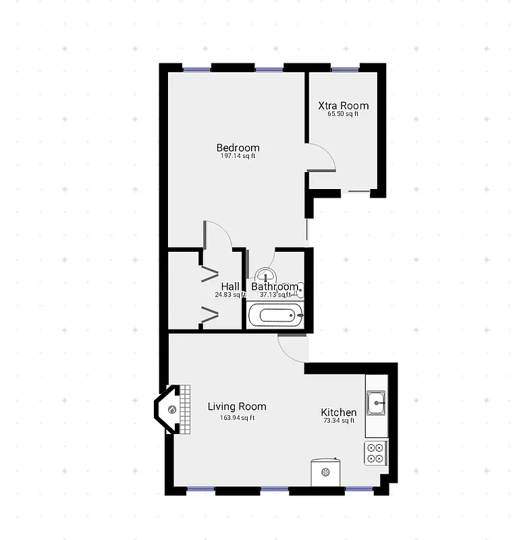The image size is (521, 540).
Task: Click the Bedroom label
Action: pos(238,148)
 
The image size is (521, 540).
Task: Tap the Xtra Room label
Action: pos(344,105)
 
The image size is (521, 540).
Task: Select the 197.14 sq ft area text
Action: pos(238,157)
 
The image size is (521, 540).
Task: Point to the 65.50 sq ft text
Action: pos(343,114)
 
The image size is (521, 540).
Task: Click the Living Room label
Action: pos(236,406)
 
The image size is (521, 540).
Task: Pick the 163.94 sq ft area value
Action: pos(237,417)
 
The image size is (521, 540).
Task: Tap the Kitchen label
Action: pos(338,412)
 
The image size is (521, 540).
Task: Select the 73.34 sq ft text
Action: pos(339,421)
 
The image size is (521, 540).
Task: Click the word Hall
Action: pos(230,286)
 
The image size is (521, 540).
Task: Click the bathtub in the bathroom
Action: pos(275,315)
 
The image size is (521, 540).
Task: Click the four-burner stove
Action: pos(376,453)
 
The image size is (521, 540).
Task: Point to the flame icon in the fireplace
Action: pos(171,410)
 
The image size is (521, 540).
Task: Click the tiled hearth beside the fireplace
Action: pos(183,410)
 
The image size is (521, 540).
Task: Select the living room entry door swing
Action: pos(292,347)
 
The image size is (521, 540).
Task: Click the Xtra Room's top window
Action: pos(345,67)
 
